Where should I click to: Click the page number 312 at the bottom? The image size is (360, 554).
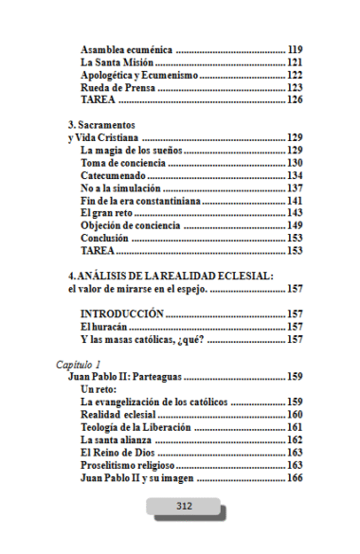(184, 506)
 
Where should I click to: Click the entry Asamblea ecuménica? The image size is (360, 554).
(127, 49)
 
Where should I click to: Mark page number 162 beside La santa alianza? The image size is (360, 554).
(295, 439)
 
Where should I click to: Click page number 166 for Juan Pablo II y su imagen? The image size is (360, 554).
(295, 477)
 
